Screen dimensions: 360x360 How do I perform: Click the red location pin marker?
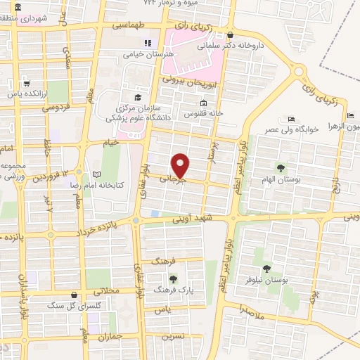coord(181,165)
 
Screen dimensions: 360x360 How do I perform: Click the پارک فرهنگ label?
coord(172,289)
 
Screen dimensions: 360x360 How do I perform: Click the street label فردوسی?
coord(54,109)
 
